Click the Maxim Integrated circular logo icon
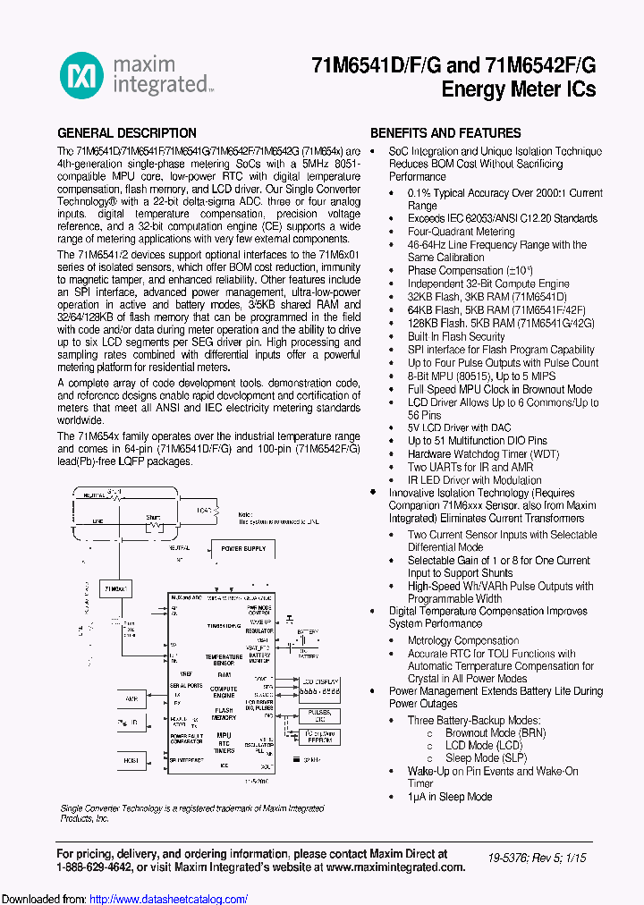81,74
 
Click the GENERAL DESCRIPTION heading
127,132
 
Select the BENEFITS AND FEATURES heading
445,132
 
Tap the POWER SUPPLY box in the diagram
243,548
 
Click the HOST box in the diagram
131,760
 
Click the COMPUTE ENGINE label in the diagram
224,691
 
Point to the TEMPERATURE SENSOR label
224,659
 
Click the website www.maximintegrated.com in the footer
394,867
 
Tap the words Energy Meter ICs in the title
519,89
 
